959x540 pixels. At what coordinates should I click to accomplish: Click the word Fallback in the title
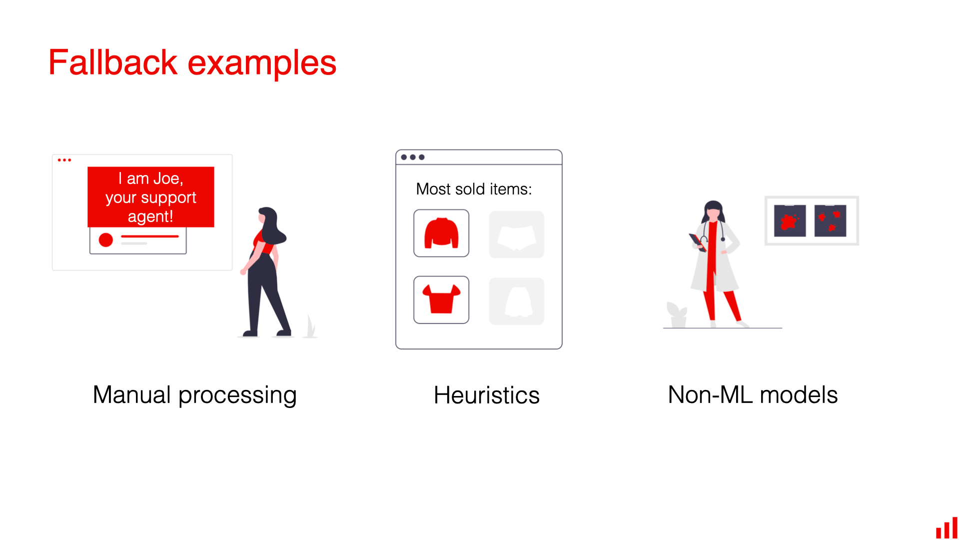click(x=113, y=63)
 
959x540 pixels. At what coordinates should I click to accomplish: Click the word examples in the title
click(x=262, y=64)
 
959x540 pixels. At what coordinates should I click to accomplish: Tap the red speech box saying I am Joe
click(x=150, y=197)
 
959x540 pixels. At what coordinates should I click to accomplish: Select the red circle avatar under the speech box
click(x=106, y=240)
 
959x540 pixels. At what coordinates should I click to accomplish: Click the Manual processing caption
click(x=194, y=395)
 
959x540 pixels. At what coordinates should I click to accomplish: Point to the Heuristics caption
click(x=486, y=395)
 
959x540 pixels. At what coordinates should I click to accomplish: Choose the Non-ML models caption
click(x=753, y=395)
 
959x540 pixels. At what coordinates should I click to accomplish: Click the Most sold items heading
click(x=474, y=189)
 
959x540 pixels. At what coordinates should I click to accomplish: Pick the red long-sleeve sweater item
click(x=441, y=233)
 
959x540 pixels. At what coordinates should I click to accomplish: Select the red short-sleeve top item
click(x=441, y=300)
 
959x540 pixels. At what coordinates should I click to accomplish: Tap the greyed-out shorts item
click(x=516, y=234)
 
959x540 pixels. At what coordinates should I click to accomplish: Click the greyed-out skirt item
click(x=516, y=301)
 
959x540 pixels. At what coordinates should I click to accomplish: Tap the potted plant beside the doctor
click(x=677, y=314)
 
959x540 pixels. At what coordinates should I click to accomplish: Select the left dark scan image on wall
click(x=790, y=220)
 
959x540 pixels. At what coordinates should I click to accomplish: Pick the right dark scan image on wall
click(x=830, y=220)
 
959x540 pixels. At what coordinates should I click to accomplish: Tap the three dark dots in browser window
click(x=413, y=157)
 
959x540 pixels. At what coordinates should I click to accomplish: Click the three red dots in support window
click(x=64, y=160)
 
